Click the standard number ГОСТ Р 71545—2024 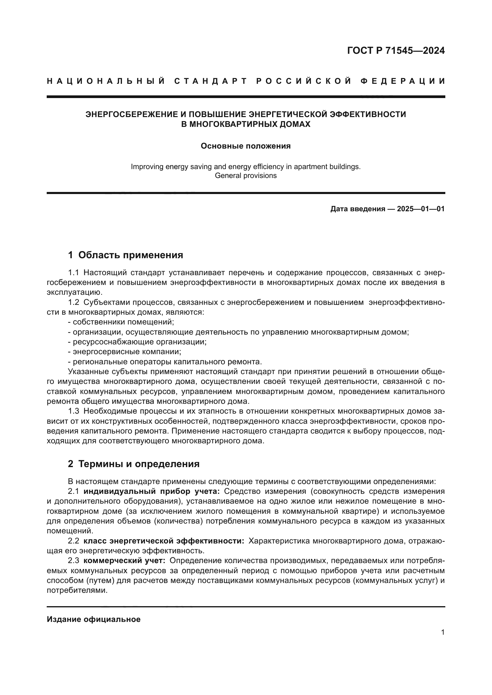tap(396, 51)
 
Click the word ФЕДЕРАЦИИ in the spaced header tap(403, 81)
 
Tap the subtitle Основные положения tap(246, 146)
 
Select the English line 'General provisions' tap(246, 176)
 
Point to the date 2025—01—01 tap(421, 209)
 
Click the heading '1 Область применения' tap(126, 255)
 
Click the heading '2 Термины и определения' tap(134, 464)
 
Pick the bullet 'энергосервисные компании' tap(127, 352)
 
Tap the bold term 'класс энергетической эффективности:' tap(164, 541)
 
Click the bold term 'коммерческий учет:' tap(125, 561)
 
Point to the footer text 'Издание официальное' tap(94, 619)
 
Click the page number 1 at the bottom tap(443, 632)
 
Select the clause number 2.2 tap(73, 541)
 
